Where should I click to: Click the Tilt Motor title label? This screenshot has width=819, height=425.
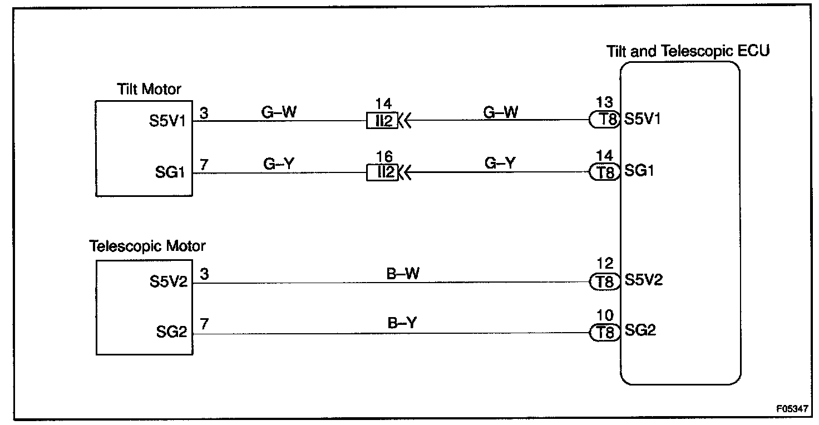coord(149,89)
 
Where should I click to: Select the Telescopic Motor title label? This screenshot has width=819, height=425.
coord(147,245)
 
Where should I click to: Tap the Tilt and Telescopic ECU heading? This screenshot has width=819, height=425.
coord(688,51)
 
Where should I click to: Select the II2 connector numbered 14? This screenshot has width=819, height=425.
coord(382,121)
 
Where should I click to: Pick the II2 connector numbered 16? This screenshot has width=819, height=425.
coord(382,172)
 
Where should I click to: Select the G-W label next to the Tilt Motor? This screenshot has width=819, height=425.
coord(279,111)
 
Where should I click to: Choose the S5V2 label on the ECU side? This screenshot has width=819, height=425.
coord(643,280)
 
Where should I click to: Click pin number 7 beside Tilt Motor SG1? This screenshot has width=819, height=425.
coord(204,164)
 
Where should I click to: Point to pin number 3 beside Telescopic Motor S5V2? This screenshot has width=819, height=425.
coord(204,274)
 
